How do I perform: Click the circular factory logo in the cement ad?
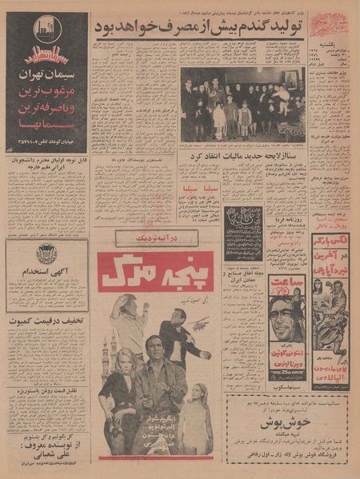47,31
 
